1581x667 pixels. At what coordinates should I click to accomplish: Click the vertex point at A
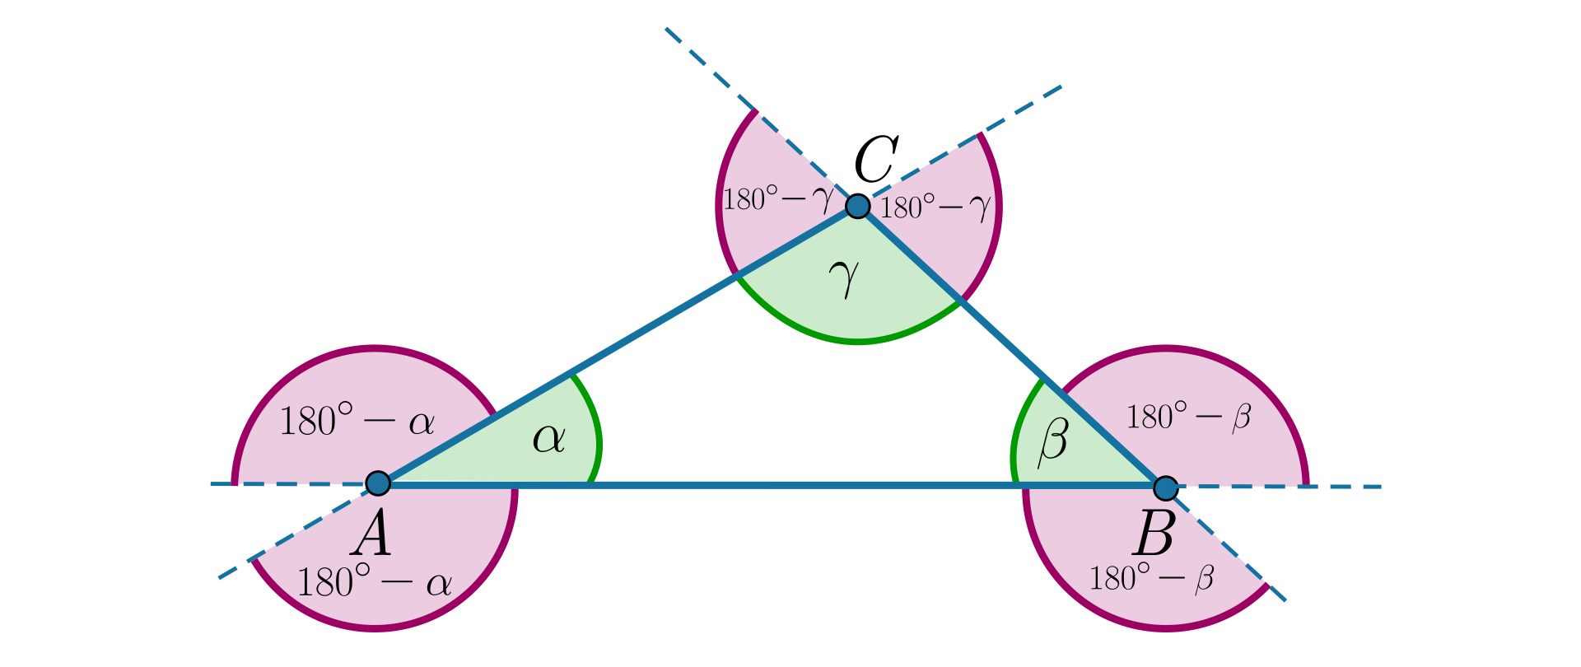[x=377, y=483]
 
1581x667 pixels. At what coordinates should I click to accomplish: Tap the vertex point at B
[x=1165, y=487]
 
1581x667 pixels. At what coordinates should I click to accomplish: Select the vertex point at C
[x=858, y=206]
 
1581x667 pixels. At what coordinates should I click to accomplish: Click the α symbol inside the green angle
[x=549, y=439]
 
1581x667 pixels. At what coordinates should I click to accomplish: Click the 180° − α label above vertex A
[x=357, y=422]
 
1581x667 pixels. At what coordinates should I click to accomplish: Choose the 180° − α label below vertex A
[x=375, y=583]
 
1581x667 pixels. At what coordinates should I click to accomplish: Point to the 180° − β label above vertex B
[x=1188, y=417]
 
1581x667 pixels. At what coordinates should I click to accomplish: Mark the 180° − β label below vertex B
[x=1151, y=578]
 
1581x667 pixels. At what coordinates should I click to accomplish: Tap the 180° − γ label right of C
[x=935, y=208]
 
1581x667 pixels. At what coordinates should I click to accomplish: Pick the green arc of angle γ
[x=856, y=340]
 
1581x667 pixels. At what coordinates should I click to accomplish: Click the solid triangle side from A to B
[x=774, y=485]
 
